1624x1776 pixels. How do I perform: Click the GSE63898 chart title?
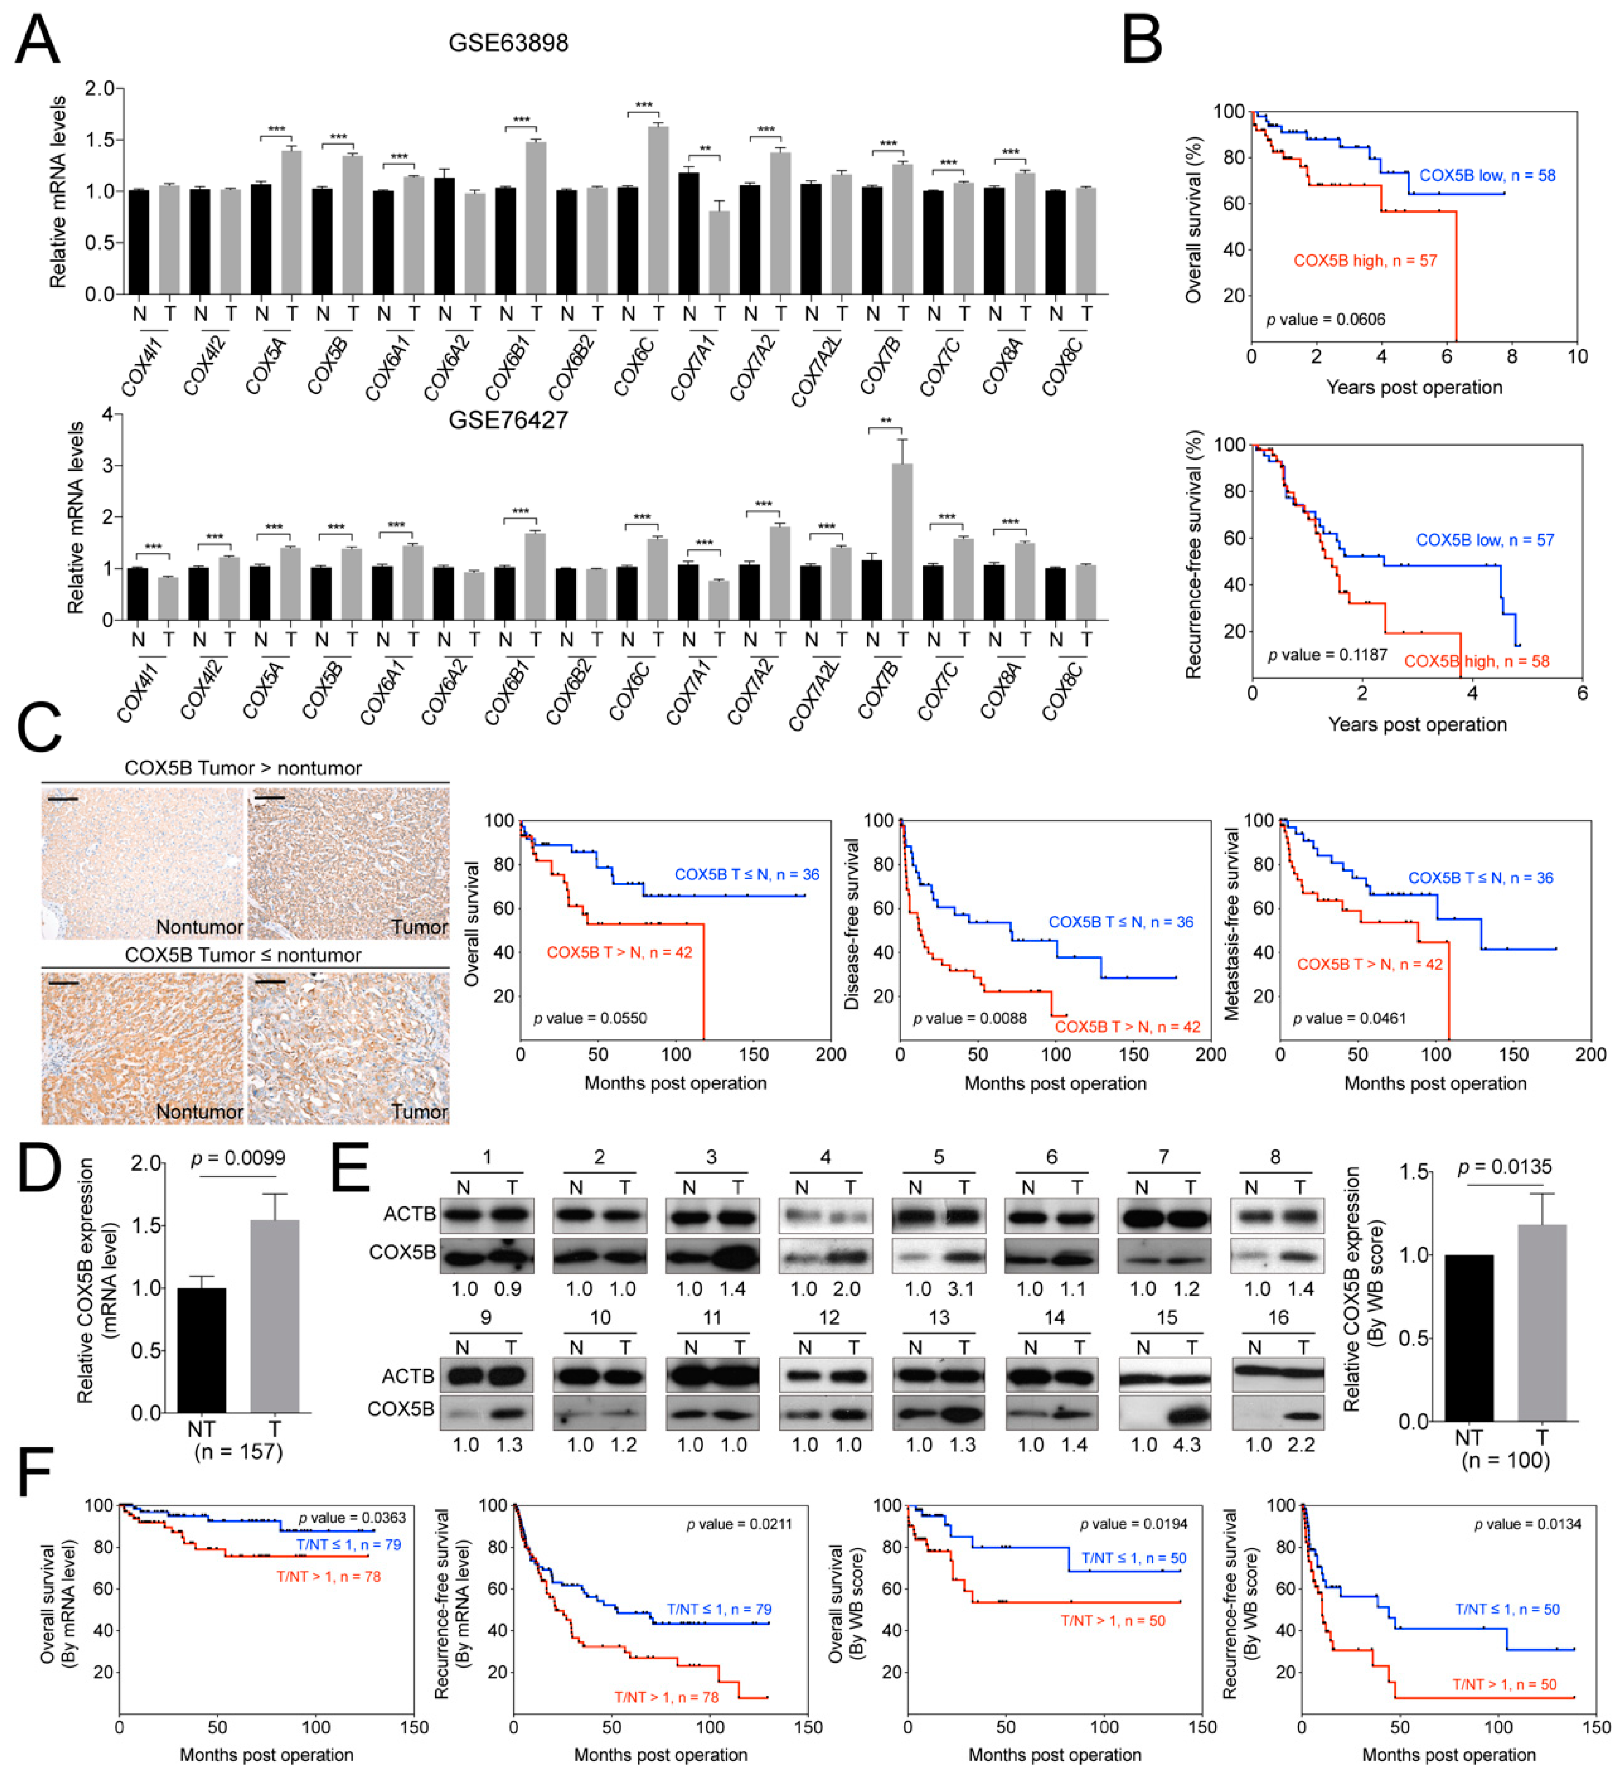click(509, 42)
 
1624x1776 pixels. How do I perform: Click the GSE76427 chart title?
click(509, 419)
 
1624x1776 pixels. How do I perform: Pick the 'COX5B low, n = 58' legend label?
click(1488, 175)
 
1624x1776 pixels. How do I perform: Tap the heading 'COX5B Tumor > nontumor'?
click(243, 768)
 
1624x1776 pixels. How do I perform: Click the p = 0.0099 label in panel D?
click(238, 1158)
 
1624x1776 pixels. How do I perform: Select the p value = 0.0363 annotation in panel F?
click(351, 1518)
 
